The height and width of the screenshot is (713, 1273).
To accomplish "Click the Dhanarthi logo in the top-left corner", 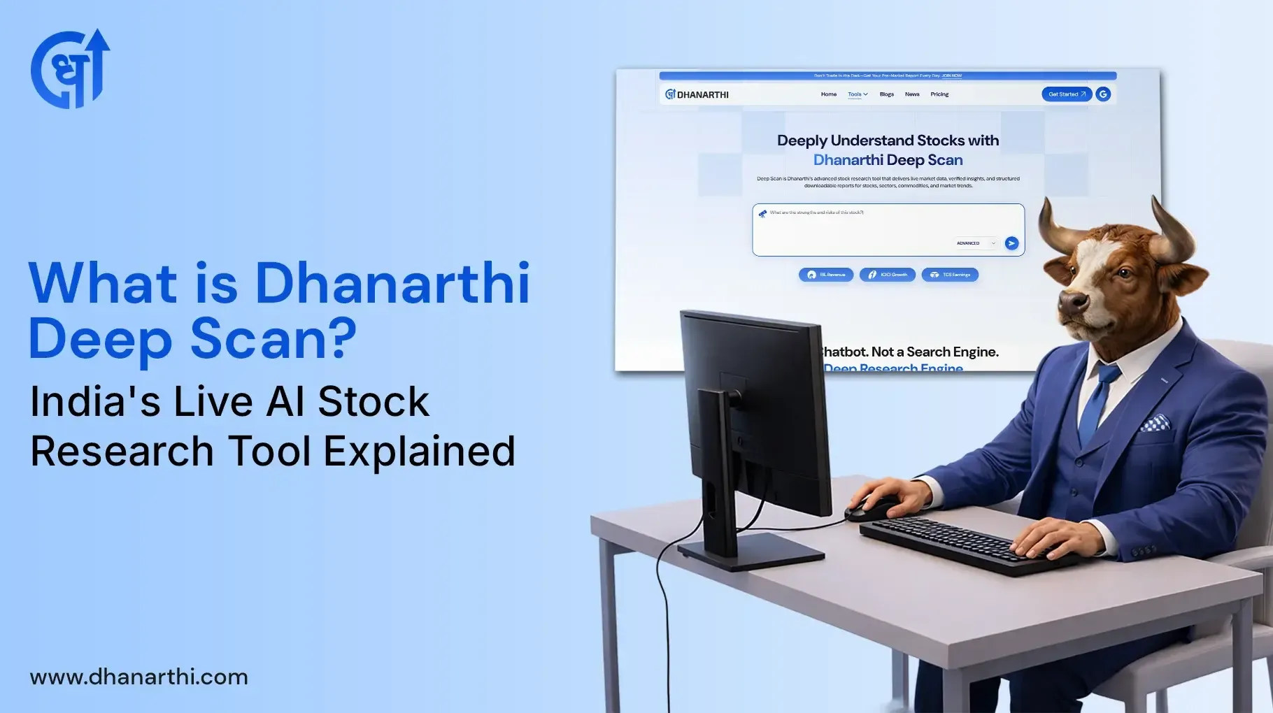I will point(70,69).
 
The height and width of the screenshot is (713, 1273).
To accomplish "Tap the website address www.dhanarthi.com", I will point(138,677).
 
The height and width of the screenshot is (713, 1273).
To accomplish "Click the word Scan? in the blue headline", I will point(273,339).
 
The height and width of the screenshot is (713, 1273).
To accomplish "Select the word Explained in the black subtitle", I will point(419,451).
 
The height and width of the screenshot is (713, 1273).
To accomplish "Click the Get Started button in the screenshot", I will point(1066,94).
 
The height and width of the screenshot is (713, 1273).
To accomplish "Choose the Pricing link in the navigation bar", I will point(939,94).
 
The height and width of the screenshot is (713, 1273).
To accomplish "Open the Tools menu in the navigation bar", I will point(858,94).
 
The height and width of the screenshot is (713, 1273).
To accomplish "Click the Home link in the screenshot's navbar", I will point(829,94).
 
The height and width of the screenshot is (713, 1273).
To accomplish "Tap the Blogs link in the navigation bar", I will point(887,94).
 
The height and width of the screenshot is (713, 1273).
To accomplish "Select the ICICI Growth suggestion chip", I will point(888,275).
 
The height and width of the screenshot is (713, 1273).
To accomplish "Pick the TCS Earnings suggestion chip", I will point(950,275).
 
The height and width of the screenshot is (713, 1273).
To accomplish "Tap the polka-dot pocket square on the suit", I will point(1155,422).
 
